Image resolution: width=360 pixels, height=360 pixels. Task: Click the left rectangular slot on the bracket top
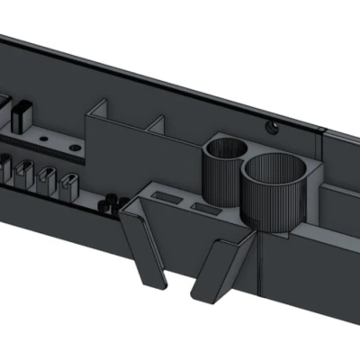pos(164,195)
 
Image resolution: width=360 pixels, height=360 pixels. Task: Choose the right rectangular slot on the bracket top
pos(205,208)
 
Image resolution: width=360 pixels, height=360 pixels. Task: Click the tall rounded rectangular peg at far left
pos(21,114)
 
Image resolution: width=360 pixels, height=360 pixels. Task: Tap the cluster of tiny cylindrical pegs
pos(109,202)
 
